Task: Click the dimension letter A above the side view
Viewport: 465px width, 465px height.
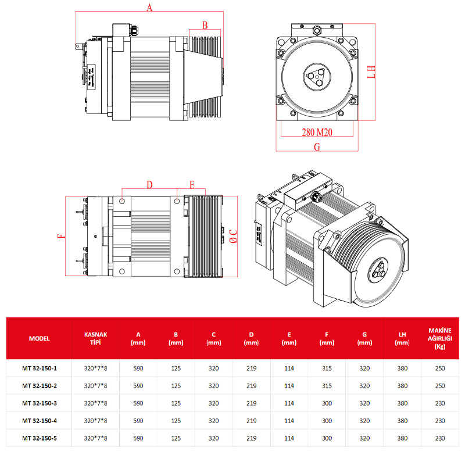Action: click(149, 8)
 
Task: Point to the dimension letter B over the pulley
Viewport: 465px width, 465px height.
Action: click(205, 25)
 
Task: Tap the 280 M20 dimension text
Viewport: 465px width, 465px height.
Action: click(317, 132)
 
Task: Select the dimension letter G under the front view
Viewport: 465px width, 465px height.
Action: click(317, 147)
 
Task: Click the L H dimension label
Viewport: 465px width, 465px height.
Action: click(373, 72)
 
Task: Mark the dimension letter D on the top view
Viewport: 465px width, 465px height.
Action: click(149, 185)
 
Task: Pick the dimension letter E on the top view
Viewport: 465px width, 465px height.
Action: click(192, 185)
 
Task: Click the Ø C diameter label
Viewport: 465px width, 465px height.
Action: click(233, 236)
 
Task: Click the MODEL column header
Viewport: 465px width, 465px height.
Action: click(39, 338)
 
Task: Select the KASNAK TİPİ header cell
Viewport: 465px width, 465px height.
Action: click(96, 338)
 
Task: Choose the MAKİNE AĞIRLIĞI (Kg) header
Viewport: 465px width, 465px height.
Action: click(440, 338)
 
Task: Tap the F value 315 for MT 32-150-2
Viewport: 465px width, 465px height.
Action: click(327, 386)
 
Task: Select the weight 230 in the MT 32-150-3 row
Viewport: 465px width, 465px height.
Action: click(440, 403)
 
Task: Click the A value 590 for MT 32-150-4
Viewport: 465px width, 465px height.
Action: click(138, 420)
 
